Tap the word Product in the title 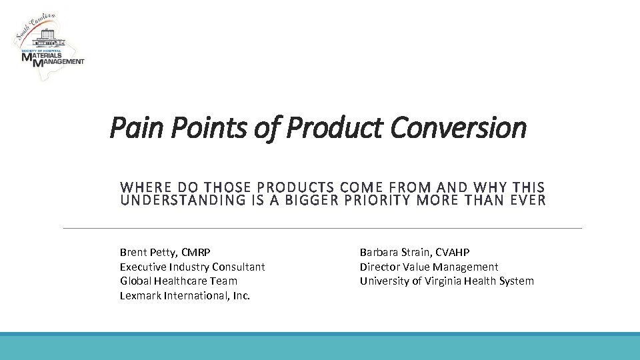coord(335,127)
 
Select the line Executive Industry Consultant coord(192,267)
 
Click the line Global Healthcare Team coord(178,281)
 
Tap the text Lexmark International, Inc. coord(185,295)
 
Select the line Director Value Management coord(429,267)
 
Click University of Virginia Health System coord(447,281)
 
